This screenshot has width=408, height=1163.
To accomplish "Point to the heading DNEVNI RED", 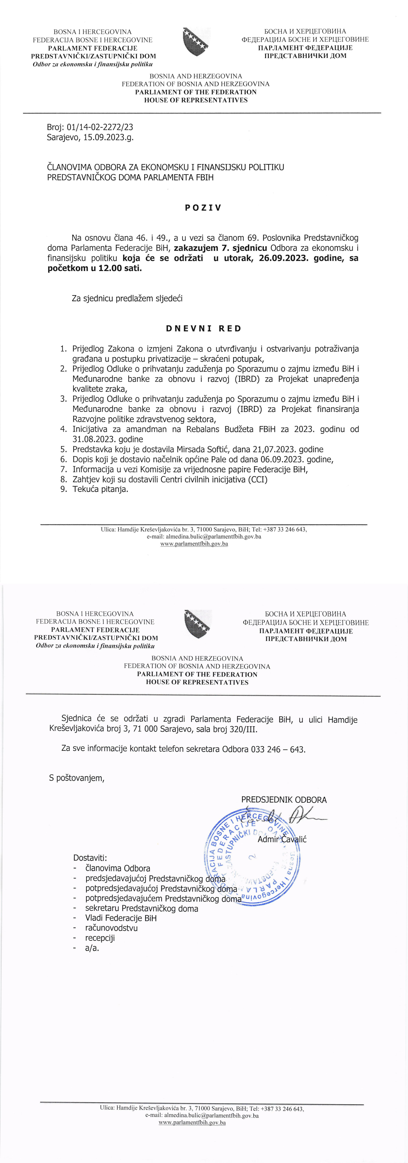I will click(x=203, y=329).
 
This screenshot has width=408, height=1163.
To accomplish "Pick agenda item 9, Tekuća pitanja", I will click(x=100, y=489).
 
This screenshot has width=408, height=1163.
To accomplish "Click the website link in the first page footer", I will click(x=194, y=544).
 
